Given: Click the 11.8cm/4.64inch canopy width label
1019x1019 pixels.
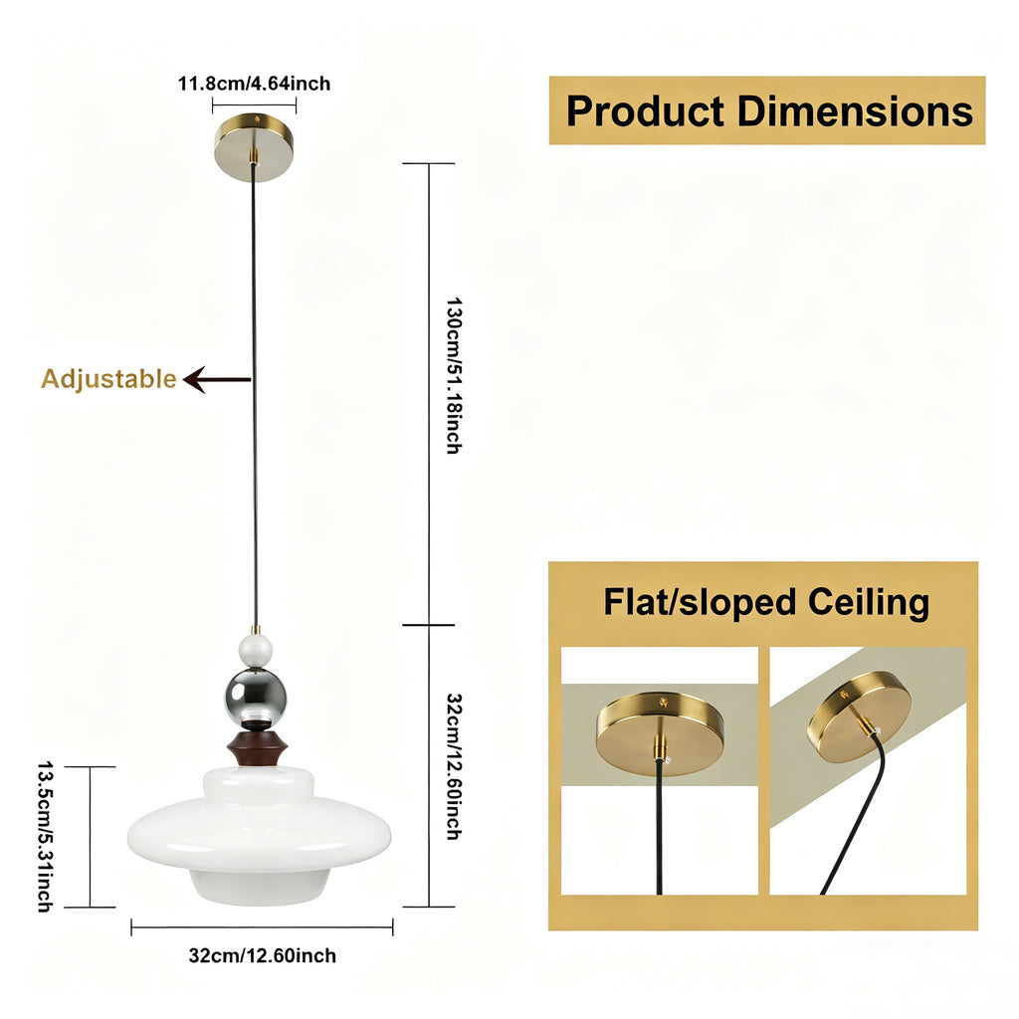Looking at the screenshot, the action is pyautogui.click(x=254, y=84).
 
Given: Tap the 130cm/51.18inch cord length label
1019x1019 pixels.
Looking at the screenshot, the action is pyautogui.click(x=454, y=375).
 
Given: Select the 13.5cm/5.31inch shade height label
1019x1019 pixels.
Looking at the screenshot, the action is pyautogui.click(x=44, y=837).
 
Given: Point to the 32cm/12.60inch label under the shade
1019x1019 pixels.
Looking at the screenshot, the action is pyautogui.click(x=263, y=955).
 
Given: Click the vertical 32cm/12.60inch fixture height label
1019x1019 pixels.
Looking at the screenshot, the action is pyautogui.click(x=454, y=767).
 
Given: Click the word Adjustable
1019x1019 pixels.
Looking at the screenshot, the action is pyautogui.click(x=108, y=379).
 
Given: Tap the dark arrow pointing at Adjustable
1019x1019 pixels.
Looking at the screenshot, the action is pyautogui.click(x=216, y=379).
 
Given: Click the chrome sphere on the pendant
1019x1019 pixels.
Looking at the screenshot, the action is pyautogui.click(x=256, y=697).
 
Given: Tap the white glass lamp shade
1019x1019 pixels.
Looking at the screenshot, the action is pyautogui.click(x=260, y=836).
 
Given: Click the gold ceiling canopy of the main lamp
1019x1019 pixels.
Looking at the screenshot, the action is pyautogui.click(x=254, y=147).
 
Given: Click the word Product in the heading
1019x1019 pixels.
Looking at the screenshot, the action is pyautogui.click(x=645, y=111).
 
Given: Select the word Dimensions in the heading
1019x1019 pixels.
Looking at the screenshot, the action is pyautogui.click(x=855, y=110).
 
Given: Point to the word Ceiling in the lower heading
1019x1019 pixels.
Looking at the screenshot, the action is pyautogui.click(x=868, y=602).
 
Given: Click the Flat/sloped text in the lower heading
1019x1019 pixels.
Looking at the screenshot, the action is pyautogui.click(x=700, y=602).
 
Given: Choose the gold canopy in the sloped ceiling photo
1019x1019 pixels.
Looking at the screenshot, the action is pyautogui.click(x=856, y=716).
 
